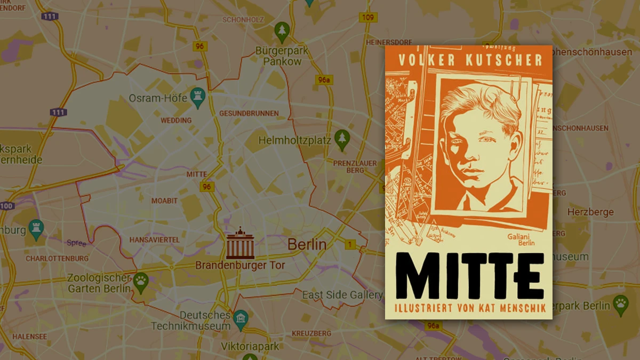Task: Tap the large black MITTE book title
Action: click(x=469, y=276)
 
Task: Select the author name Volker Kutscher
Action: click(x=469, y=60)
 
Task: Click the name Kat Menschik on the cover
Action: click(x=510, y=308)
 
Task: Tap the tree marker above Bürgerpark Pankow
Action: click(x=282, y=31)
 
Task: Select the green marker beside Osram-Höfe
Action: click(x=198, y=97)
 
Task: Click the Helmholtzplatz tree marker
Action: click(x=341, y=139)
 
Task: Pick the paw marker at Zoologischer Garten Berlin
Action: click(x=140, y=282)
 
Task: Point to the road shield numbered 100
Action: click(x=6, y=206)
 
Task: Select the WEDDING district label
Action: click(x=176, y=121)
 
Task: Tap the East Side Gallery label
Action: click(x=342, y=295)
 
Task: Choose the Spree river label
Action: click(x=76, y=243)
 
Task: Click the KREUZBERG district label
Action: click(x=312, y=333)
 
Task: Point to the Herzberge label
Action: click(x=590, y=212)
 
